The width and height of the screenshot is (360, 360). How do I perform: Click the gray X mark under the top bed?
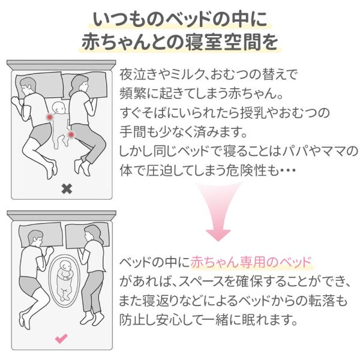pos(67,188)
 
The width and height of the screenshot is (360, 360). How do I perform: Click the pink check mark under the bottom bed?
pos(61,338)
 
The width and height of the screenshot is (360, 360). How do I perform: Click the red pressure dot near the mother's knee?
pos(73,136)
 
